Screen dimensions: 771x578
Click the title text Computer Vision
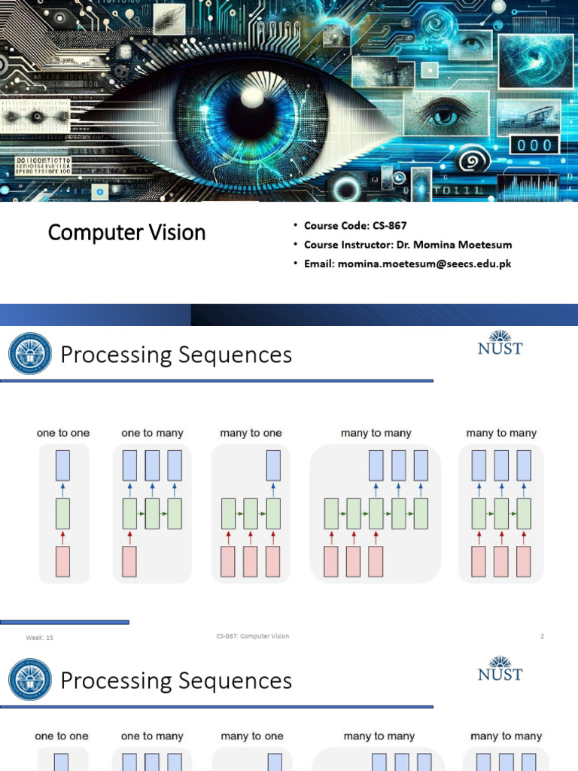pyautogui.click(x=126, y=233)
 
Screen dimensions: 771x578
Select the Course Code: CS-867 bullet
pyautogui.click(x=355, y=225)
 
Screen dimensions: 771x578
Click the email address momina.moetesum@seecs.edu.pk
pyautogui.click(x=424, y=264)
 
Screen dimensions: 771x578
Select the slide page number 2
pyautogui.click(x=541, y=636)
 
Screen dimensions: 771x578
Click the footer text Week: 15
pyautogui.click(x=40, y=638)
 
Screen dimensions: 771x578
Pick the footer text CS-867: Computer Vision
pyautogui.click(x=251, y=636)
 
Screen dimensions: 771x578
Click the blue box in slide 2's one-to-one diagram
pyautogui.click(x=64, y=466)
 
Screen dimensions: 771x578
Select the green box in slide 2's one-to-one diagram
pyautogui.click(x=64, y=513)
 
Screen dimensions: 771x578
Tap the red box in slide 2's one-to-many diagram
pyautogui.click(x=129, y=562)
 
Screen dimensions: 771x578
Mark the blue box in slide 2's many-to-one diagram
pyautogui.click(x=273, y=466)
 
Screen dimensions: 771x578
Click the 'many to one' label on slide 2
pyautogui.click(x=251, y=433)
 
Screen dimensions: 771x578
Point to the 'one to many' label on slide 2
pyautogui.click(x=152, y=433)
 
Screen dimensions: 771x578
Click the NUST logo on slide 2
pyautogui.click(x=500, y=343)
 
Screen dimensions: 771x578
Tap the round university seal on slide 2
pyautogui.click(x=30, y=354)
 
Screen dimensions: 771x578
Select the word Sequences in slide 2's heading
pyautogui.click(x=235, y=355)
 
